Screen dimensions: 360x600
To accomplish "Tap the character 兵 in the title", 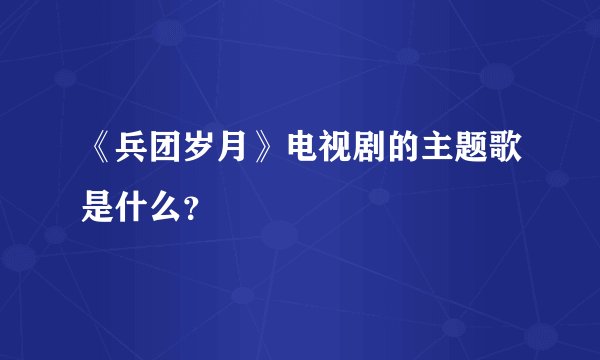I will point(132,154).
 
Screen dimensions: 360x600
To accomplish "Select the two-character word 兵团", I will point(149,154).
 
